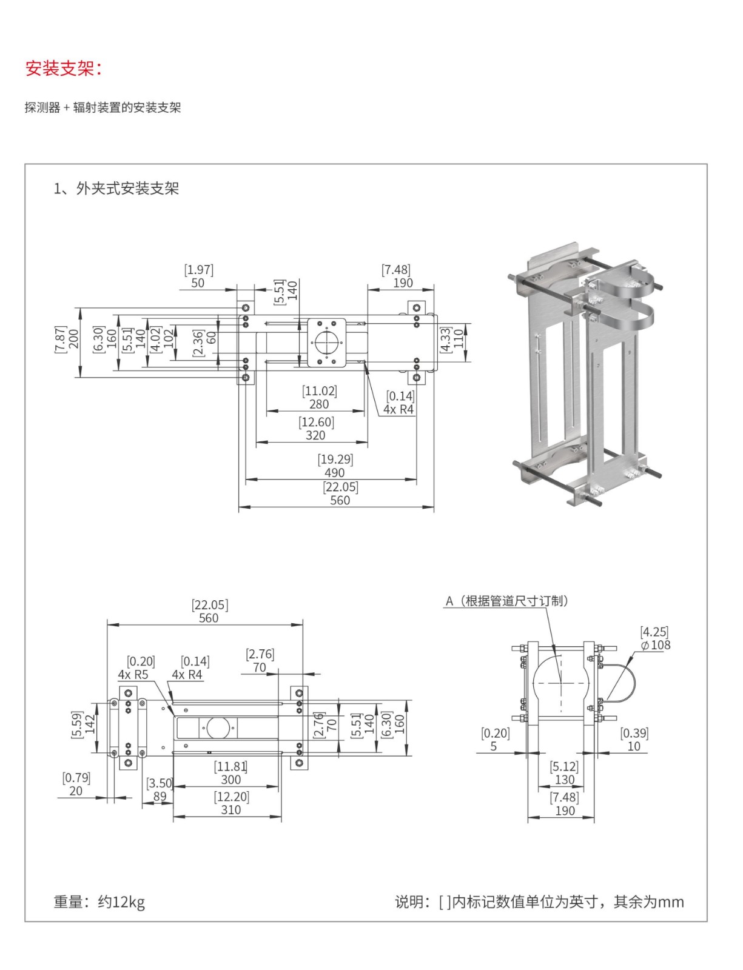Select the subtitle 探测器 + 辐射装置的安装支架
click(x=103, y=108)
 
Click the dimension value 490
click(x=334, y=473)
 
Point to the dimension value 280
click(x=319, y=404)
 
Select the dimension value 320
click(x=315, y=435)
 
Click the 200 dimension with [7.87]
click(x=73, y=338)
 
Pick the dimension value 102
click(x=169, y=338)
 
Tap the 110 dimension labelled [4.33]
click(x=459, y=338)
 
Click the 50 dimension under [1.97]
click(x=198, y=283)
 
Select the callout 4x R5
click(x=133, y=675)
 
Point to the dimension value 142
click(x=90, y=724)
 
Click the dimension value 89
click(x=160, y=797)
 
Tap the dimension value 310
click(x=230, y=810)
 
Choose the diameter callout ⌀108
click(x=656, y=645)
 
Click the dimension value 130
click(x=564, y=780)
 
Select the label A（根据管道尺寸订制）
click(x=506, y=601)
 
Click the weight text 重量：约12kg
click(x=99, y=902)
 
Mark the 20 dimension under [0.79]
click(x=76, y=791)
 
